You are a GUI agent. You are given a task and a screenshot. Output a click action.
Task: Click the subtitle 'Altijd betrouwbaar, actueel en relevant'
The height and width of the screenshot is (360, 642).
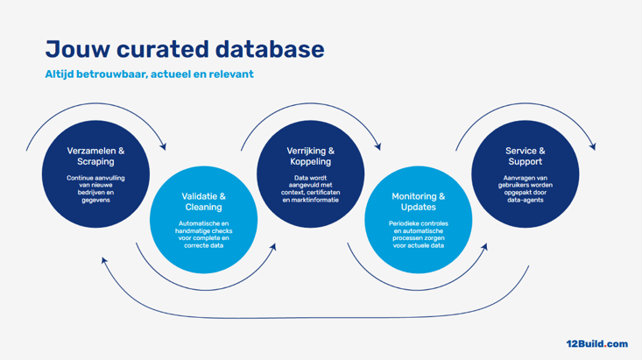(x=149, y=74)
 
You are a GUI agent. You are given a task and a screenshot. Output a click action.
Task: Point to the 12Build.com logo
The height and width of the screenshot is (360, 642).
(x=596, y=344)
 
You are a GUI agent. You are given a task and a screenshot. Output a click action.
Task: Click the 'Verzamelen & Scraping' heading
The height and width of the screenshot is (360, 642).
(x=95, y=156)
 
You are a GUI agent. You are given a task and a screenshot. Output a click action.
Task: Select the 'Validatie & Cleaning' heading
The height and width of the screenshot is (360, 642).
(x=203, y=201)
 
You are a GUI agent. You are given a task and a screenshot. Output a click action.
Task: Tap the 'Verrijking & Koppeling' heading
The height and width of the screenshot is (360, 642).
(x=311, y=156)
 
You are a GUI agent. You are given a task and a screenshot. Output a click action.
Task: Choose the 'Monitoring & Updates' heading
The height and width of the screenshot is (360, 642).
(x=418, y=201)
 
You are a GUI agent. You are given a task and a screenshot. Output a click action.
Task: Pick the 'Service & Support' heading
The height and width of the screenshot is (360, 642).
(x=525, y=156)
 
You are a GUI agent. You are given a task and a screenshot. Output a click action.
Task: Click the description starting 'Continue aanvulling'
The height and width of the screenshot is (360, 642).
(x=95, y=188)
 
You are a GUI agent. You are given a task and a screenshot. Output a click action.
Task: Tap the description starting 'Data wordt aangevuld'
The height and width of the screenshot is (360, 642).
(x=311, y=188)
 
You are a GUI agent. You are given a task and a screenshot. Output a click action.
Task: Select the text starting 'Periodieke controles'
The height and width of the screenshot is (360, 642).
(x=418, y=234)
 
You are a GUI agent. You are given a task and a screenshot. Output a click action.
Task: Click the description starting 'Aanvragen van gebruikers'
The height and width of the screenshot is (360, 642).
(x=525, y=188)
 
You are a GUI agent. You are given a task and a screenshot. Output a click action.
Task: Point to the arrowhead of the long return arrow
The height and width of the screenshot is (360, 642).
(x=104, y=260)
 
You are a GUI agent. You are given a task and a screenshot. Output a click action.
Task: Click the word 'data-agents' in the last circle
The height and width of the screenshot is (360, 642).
(x=525, y=200)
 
